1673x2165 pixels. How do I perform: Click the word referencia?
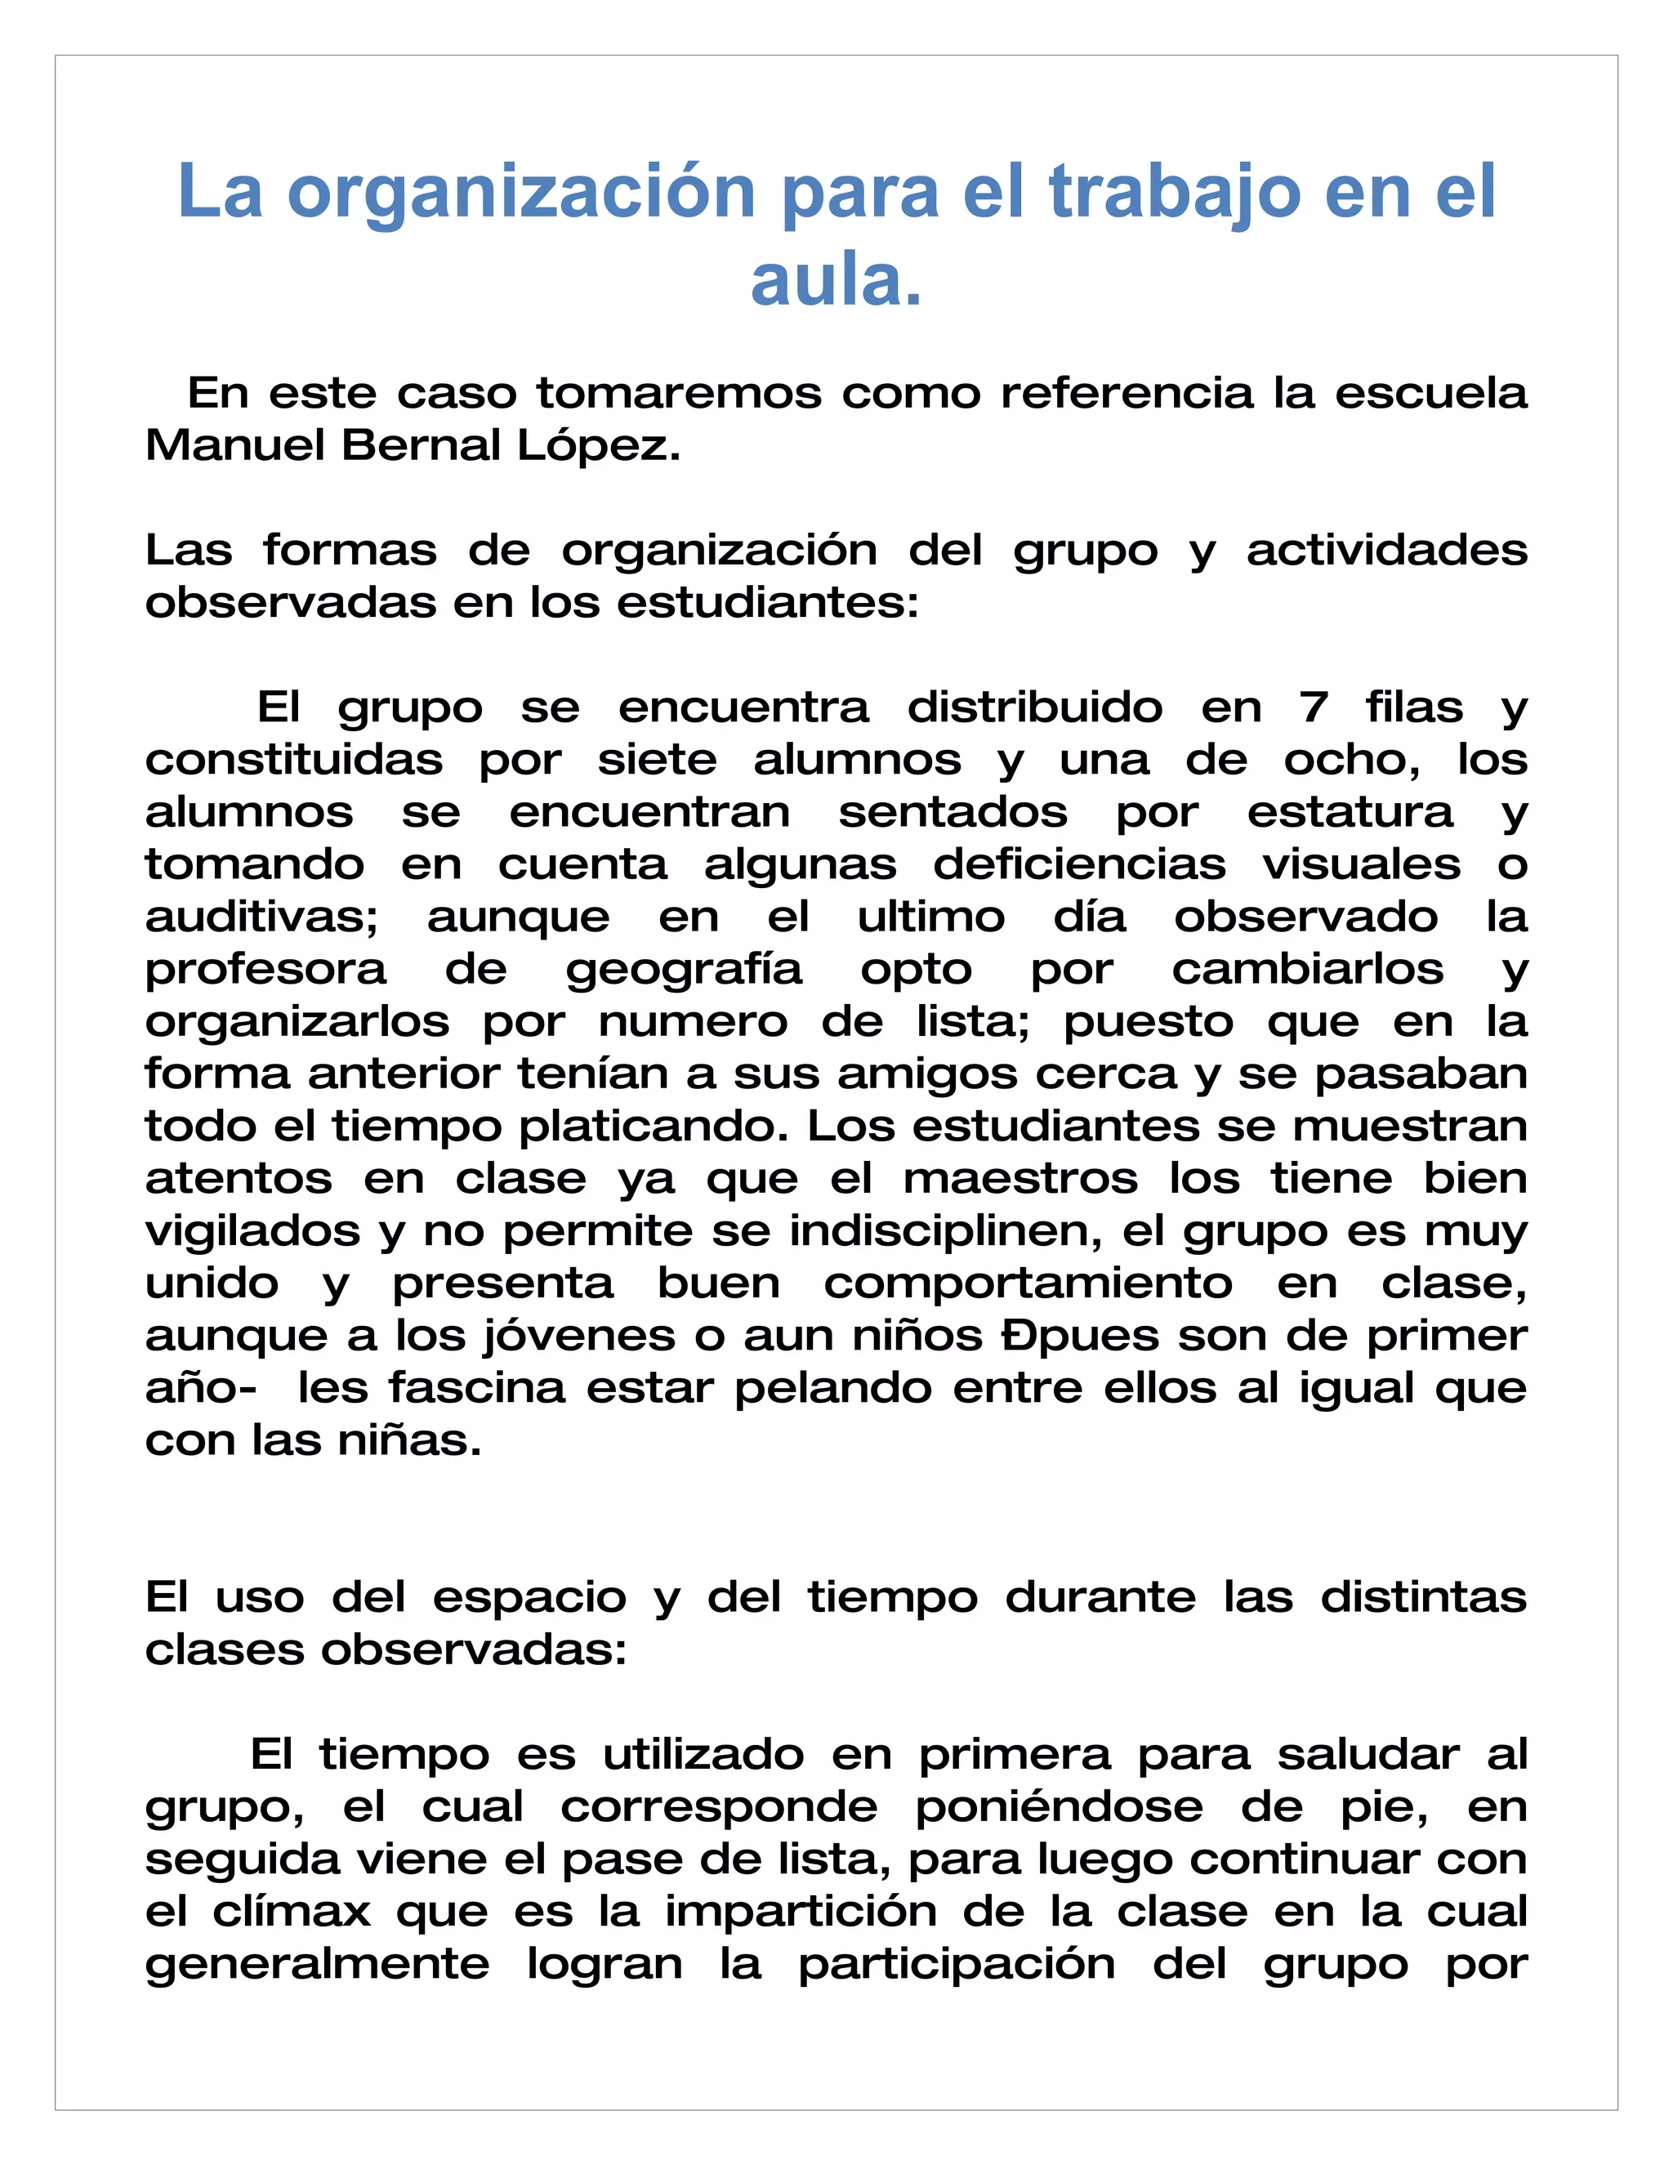tap(1126, 394)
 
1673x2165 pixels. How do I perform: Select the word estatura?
tap(1350, 813)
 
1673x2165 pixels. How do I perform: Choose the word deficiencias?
tap(1079, 865)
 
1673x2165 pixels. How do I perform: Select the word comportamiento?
tap(1028, 1283)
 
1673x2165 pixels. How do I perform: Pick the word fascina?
tap(477, 1388)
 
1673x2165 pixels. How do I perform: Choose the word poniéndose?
tap(1059, 1807)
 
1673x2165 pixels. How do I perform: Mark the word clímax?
tap(292, 1911)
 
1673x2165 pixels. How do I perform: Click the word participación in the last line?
tap(957, 1965)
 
